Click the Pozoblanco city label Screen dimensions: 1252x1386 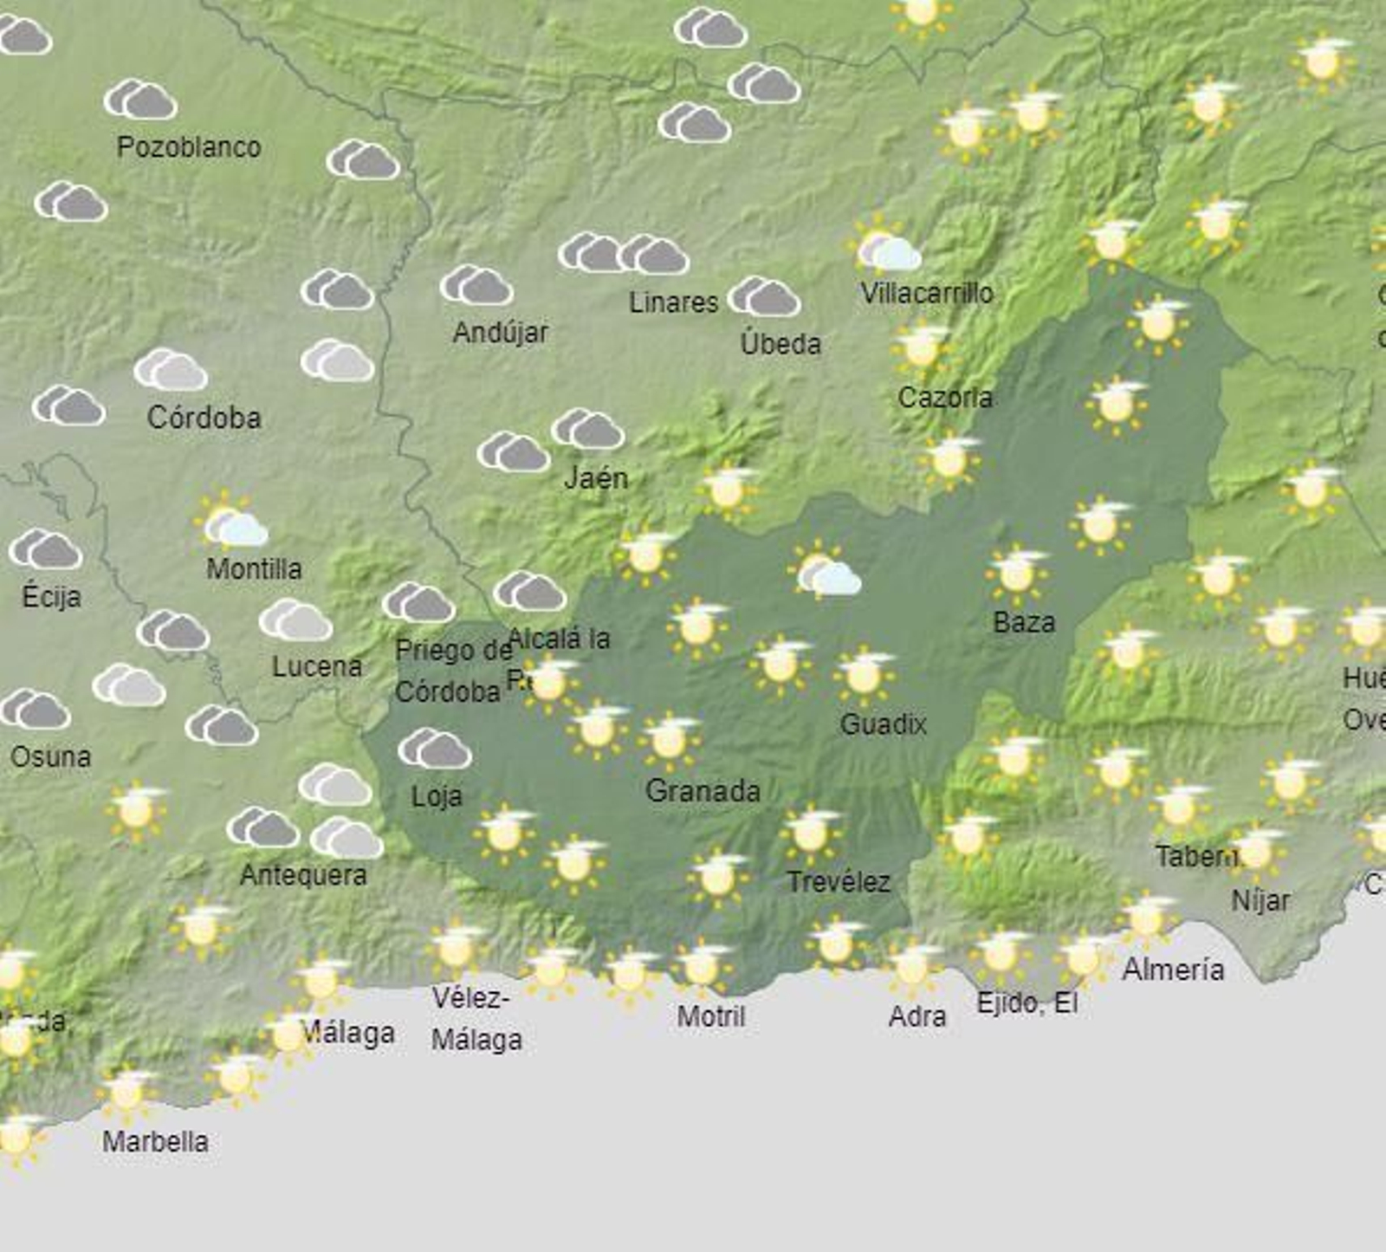(x=189, y=147)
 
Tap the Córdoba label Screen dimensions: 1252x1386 (x=204, y=418)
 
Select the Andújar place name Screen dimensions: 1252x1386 (x=501, y=332)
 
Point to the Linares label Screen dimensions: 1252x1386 (x=673, y=302)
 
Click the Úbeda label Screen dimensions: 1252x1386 (x=780, y=344)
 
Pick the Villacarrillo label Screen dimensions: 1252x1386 (x=926, y=294)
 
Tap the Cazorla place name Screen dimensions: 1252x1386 (x=945, y=398)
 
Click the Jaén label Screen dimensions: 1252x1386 (x=596, y=477)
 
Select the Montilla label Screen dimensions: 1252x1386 (x=254, y=569)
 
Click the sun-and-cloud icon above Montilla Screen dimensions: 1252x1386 (x=231, y=522)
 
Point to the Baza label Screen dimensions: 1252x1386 (x=1024, y=622)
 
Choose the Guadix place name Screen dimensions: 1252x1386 (x=883, y=723)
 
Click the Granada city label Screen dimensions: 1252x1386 (x=703, y=790)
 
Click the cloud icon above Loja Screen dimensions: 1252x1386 (x=435, y=749)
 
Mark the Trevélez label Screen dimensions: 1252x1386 (x=839, y=882)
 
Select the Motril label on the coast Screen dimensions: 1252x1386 (x=710, y=1016)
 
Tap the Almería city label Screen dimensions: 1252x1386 (x=1173, y=970)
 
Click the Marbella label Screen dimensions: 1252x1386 (x=155, y=1141)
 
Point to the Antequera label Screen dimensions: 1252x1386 (x=303, y=875)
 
